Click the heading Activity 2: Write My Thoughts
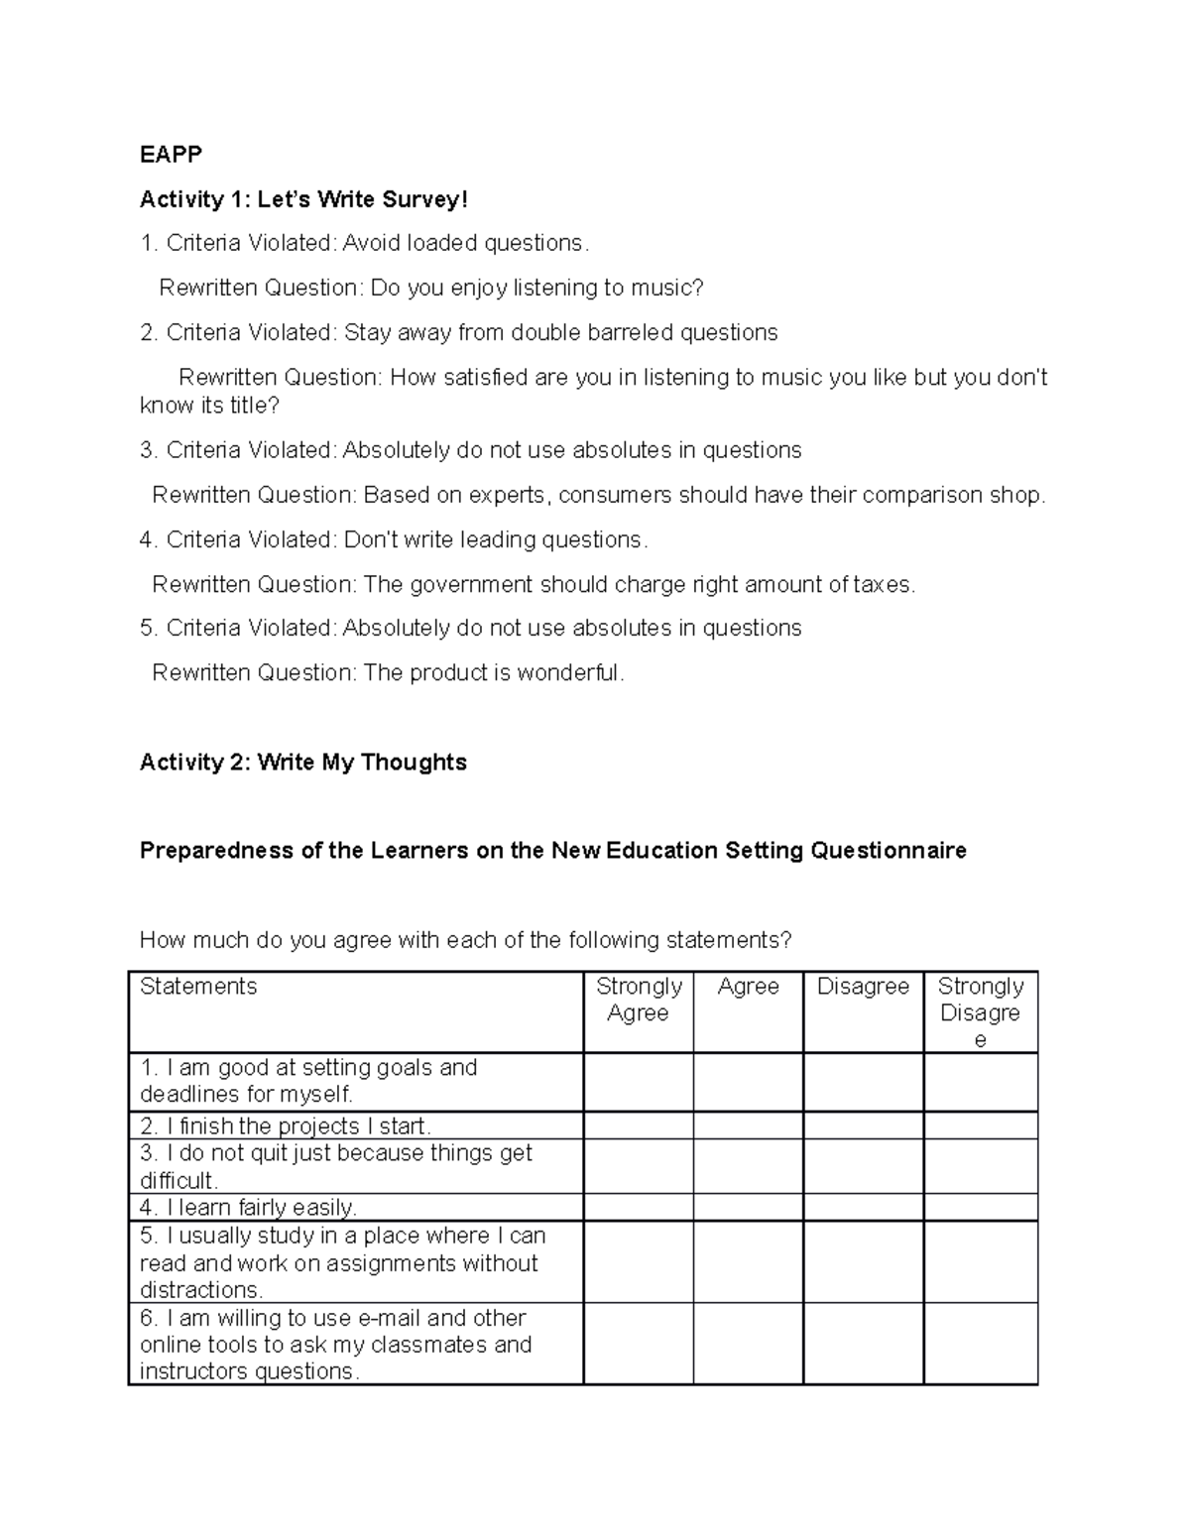coord(302,763)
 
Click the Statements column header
coord(198,987)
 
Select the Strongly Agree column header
coord(638,1000)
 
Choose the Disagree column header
coord(863,987)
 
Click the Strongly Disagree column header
coord(980,1012)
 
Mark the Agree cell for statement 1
coord(748,1082)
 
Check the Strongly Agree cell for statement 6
coord(638,1344)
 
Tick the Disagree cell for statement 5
coord(863,1262)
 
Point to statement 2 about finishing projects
coord(286,1126)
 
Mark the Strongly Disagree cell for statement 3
coord(980,1166)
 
